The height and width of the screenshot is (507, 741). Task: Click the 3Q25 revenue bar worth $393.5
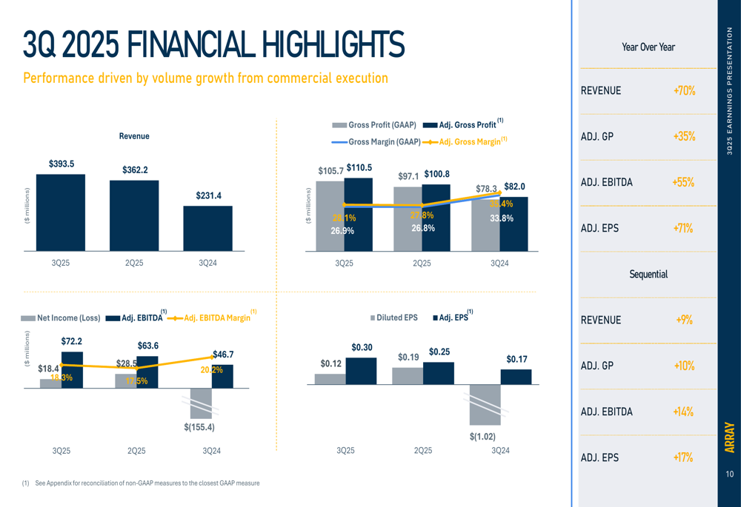pos(61,212)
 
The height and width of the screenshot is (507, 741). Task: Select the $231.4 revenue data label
pos(208,195)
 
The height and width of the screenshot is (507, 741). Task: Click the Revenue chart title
pos(134,136)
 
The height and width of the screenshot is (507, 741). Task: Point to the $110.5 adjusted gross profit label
pos(359,168)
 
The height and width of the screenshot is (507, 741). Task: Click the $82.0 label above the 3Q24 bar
pos(514,187)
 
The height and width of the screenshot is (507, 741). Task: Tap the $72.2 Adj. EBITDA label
pos(71,341)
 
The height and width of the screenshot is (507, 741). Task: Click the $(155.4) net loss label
pos(199,427)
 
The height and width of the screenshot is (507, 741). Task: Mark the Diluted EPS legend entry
pos(393,318)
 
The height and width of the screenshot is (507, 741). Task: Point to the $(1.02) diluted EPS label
pos(482,437)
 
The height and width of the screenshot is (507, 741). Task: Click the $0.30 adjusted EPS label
pos(362,347)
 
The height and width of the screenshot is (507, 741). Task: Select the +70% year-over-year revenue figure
pos(684,91)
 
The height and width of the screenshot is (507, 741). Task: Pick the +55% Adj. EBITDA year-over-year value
pos(683,182)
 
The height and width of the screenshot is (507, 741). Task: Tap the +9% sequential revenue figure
pos(684,320)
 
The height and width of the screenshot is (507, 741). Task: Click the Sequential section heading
pos(648,274)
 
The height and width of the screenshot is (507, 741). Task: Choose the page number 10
pos(730,474)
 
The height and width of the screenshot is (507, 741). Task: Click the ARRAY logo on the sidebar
pos(730,437)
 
